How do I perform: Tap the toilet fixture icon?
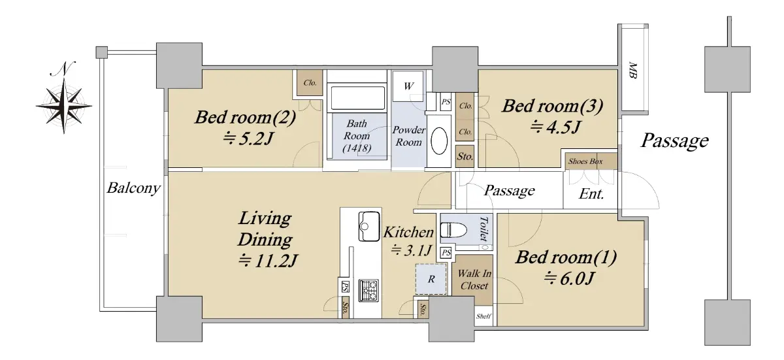453,231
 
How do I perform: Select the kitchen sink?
369,226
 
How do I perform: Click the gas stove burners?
368,290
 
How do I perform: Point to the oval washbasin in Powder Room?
439,141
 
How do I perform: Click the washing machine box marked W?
408,86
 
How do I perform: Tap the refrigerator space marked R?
431,279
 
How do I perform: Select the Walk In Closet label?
474,280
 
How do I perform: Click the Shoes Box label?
585,161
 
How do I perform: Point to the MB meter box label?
632,71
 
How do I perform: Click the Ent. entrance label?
591,193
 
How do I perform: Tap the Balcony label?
133,188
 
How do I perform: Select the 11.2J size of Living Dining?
268,261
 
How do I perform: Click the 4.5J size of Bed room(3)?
555,127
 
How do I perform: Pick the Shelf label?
483,316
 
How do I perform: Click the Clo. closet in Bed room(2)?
310,83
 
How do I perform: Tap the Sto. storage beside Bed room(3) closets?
465,156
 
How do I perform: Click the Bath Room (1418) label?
357,136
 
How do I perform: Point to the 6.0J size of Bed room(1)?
569,278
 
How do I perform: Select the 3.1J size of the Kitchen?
411,250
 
